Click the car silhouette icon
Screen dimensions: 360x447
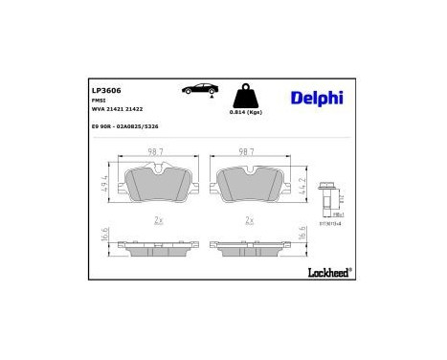[x=199, y=89]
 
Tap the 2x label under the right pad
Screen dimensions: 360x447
[x=249, y=219]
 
